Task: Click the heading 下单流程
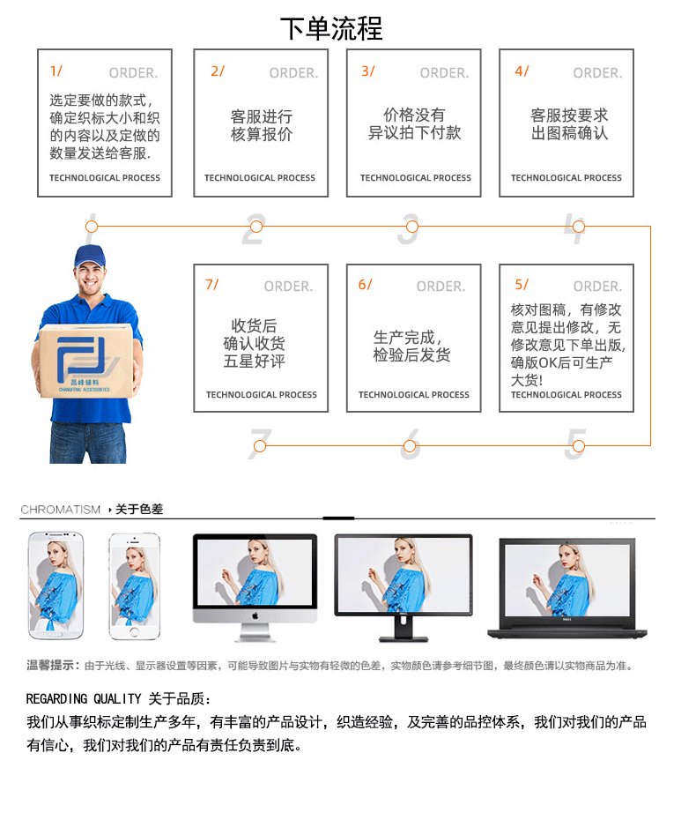pos(331,28)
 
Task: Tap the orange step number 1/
pos(56,71)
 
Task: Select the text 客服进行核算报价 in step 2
pos(261,125)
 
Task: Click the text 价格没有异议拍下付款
pos(414,124)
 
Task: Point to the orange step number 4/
pos(522,71)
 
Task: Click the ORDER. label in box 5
pos(597,286)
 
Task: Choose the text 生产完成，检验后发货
pos(411,346)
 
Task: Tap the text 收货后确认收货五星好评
pos(254,344)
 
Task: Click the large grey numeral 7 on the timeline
pos(259,445)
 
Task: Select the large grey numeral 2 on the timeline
pos(254,228)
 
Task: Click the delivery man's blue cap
pos(89,257)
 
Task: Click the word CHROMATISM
pos(60,510)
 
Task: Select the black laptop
pos(566,586)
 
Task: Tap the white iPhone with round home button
pos(134,586)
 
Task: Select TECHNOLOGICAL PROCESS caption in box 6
pos(413,395)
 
